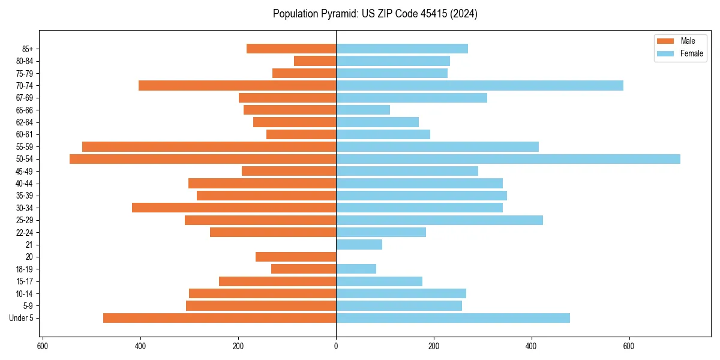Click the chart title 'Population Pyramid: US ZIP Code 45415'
tap(375, 14)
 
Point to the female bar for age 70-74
tap(479, 85)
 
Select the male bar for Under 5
tap(220, 318)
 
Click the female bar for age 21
tap(359, 244)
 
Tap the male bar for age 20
tap(296, 257)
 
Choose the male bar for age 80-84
tap(315, 61)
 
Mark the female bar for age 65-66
tap(363, 110)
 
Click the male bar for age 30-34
tap(234, 208)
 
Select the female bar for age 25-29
tap(439, 220)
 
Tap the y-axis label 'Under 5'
tap(21, 318)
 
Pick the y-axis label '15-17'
tap(25, 281)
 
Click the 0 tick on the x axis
tap(336, 346)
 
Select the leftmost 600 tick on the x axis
tap(43, 346)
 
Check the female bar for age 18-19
tap(356, 269)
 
